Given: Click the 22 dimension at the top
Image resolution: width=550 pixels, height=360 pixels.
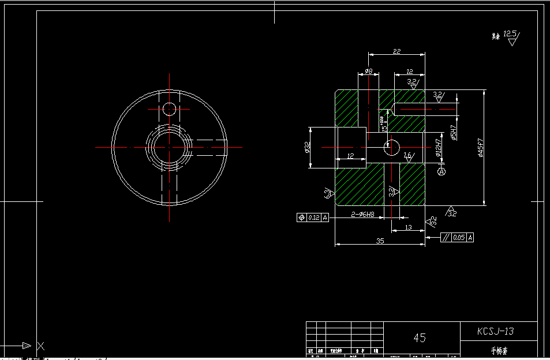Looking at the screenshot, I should tap(396, 51).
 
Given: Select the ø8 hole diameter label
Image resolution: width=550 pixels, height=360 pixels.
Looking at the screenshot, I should tap(368, 72).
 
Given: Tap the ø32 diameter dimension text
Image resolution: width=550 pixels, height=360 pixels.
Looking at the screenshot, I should tap(307, 148).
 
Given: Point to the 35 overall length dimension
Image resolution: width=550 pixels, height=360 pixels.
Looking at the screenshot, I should tap(379, 241).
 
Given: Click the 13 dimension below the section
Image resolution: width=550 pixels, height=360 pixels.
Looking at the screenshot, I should tap(408, 227).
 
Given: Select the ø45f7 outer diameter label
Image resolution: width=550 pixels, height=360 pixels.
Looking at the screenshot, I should tap(480, 147).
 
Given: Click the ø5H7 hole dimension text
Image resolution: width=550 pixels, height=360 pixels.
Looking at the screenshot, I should tap(454, 133).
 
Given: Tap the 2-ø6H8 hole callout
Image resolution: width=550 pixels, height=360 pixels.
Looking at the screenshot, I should tap(363, 215).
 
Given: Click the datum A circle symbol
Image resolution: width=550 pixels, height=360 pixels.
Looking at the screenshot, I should tap(442, 171).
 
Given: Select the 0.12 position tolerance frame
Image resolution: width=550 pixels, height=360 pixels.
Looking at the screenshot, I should tap(313, 217).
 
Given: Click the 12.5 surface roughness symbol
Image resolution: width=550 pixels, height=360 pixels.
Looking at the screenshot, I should tap(510, 36).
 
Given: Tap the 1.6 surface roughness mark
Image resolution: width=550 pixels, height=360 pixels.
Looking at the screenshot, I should tap(408, 156).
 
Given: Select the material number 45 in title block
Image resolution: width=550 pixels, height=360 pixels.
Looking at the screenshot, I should tap(420, 337).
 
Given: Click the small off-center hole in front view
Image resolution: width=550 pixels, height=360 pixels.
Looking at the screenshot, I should tap(169, 108).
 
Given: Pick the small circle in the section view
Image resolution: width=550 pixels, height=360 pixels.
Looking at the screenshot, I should tap(392, 147).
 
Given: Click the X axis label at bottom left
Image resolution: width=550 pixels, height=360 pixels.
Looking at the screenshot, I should tap(40, 346).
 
